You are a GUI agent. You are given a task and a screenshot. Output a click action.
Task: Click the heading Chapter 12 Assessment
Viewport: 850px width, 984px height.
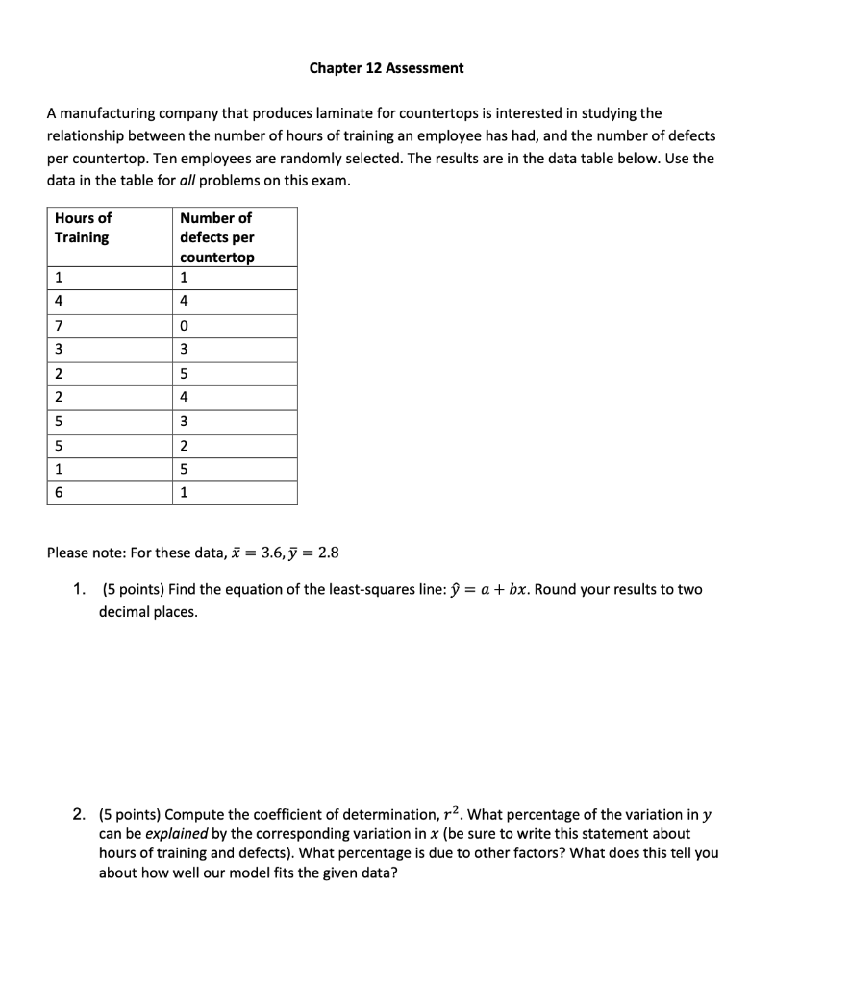[x=386, y=68]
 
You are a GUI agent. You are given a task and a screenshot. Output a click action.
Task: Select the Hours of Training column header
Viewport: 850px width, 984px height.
[x=83, y=228]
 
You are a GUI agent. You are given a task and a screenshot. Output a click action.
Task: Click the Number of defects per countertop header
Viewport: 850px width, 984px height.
[x=217, y=237]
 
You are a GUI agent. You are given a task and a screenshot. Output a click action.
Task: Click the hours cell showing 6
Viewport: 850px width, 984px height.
[x=59, y=493]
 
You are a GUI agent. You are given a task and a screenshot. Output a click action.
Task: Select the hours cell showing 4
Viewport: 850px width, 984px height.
[x=59, y=302]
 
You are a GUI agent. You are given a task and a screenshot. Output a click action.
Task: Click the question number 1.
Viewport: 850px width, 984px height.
[x=80, y=589]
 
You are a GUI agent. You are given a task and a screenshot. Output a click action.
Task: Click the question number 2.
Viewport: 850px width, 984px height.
[x=80, y=815]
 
